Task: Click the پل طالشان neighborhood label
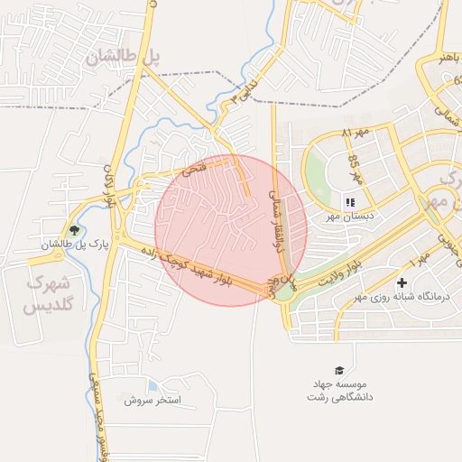click(x=124, y=56)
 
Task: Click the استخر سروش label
click(x=153, y=399)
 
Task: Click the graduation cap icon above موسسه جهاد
click(x=339, y=370)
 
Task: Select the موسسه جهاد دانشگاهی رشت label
click(x=340, y=390)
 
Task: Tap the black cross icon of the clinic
click(x=402, y=283)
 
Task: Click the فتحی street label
click(x=194, y=169)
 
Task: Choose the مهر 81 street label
click(x=356, y=134)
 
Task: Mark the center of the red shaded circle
click(x=231, y=230)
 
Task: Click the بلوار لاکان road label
click(x=110, y=186)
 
